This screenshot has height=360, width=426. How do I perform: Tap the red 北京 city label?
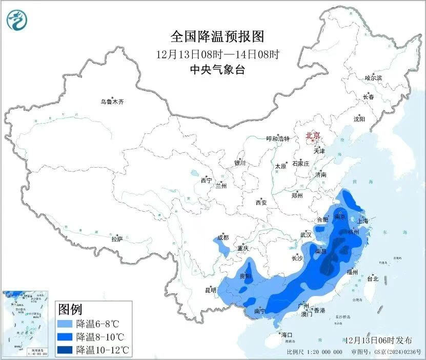tap(313, 135)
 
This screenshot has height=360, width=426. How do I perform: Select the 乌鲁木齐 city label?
tap(112, 102)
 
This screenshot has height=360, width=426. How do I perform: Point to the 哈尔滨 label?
tap(373, 78)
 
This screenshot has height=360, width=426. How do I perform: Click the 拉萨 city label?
tap(117, 238)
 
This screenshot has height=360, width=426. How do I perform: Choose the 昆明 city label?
tap(211, 290)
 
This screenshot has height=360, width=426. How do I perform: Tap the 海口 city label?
tap(286, 335)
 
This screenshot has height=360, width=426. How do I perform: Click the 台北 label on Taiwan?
tap(373, 279)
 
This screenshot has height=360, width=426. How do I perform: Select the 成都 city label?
tap(223, 237)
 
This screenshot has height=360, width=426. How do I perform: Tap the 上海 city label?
tap(363, 221)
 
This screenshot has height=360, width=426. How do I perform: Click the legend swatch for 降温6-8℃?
tap(65, 324)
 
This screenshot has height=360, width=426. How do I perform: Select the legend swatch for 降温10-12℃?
tap(65, 350)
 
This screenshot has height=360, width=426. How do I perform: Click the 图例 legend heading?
tap(70, 309)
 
